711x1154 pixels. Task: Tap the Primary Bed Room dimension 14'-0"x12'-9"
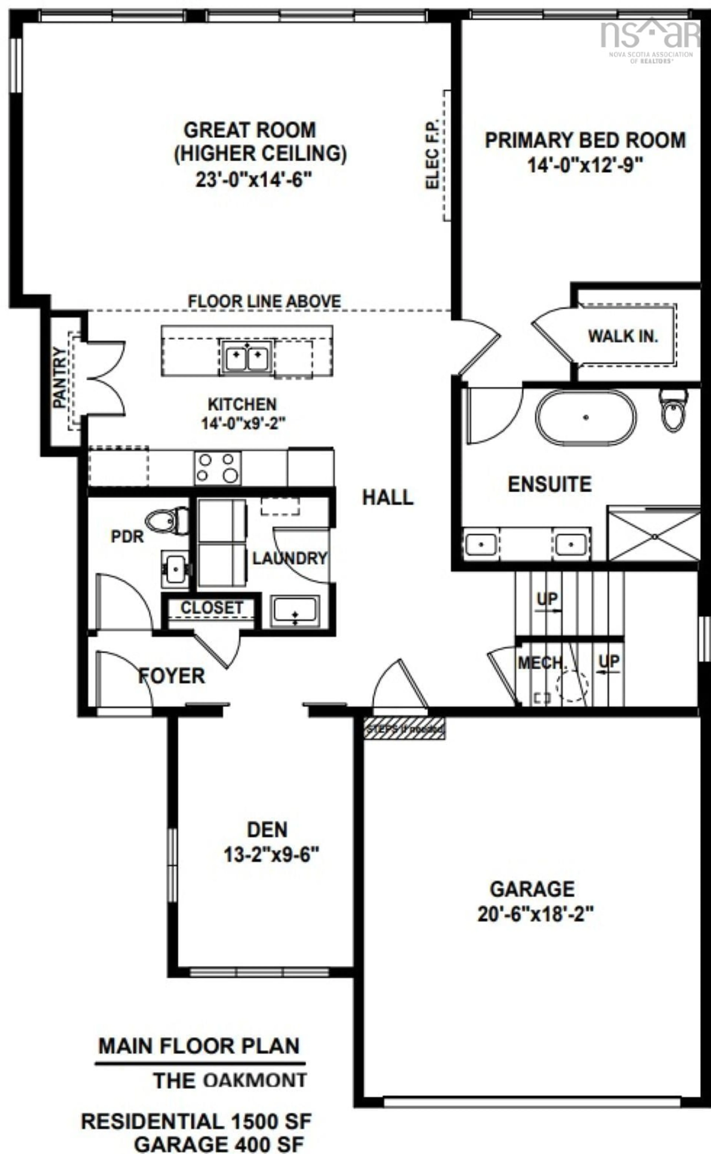point(585,165)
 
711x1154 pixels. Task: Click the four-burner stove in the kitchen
point(218,468)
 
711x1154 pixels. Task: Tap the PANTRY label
point(59,378)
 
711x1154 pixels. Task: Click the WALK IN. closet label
point(623,336)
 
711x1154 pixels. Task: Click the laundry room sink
point(295,611)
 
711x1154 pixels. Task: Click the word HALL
point(388,497)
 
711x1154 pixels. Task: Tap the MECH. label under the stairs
point(541,663)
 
